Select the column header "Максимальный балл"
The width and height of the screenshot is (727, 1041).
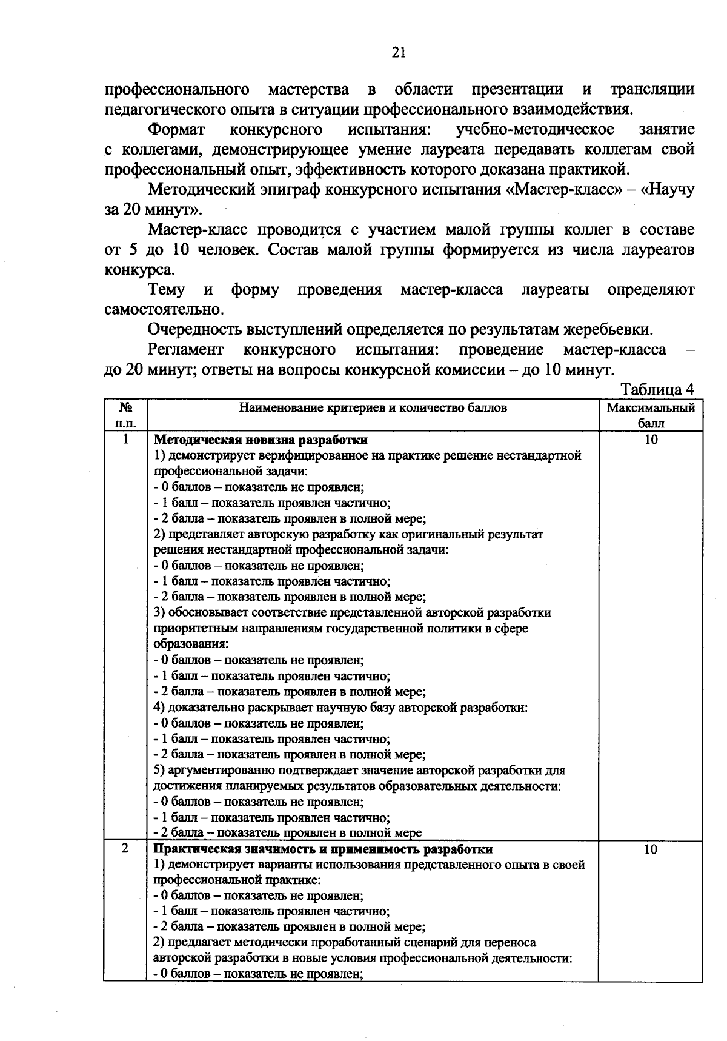(x=651, y=415)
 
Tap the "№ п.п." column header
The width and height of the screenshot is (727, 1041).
(x=125, y=415)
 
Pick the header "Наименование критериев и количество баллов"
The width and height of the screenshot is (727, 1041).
(x=373, y=408)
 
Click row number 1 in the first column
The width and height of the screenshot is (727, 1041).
(x=125, y=440)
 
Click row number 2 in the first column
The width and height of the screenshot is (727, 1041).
(x=125, y=849)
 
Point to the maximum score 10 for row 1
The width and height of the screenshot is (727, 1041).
(x=651, y=440)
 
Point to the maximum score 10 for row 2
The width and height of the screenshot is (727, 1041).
(x=651, y=849)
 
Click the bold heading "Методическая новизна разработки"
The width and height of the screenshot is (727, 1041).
(x=261, y=440)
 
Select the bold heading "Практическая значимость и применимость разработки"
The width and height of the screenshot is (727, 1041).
(x=323, y=849)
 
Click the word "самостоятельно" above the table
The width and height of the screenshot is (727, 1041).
(x=162, y=310)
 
